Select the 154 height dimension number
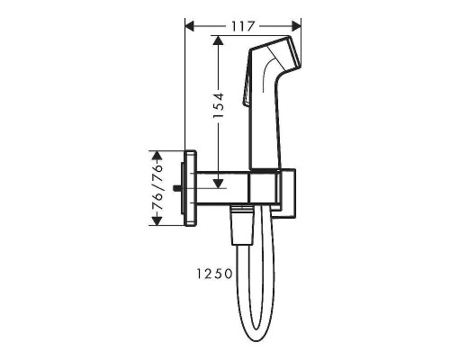[x=230, y=110]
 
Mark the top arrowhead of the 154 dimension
[x=218, y=40]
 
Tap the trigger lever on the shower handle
[x=246, y=94]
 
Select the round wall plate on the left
[x=188, y=189]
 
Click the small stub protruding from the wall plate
[x=179, y=189]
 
